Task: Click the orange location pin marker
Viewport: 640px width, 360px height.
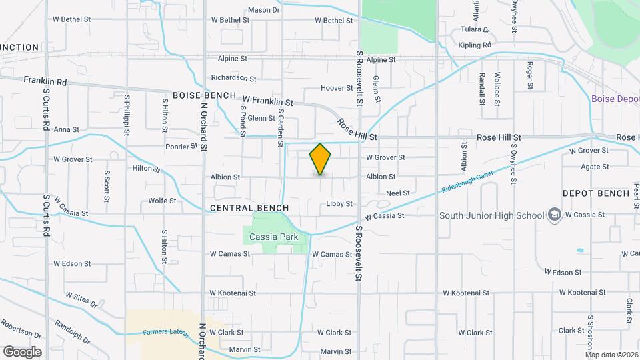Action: (320, 159)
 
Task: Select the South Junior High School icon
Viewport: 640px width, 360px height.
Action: (554, 215)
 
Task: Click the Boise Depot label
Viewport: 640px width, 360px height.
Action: (615, 99)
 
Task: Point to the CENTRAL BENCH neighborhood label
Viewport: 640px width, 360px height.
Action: (243, 209)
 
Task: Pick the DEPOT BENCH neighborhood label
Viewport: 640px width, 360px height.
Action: (595, 193)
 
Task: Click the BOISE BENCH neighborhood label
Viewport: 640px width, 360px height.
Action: (204, 95)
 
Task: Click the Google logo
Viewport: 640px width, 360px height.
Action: (22, 351)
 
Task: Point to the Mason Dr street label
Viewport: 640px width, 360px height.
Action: (263, 10)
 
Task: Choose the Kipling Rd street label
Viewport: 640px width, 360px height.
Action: (475, 45)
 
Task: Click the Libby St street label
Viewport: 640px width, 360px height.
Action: (339, 204)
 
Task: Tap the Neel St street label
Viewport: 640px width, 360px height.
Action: (397, 193)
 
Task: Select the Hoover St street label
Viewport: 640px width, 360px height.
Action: (337, 88)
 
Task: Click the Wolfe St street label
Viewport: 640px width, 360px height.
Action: (162, 200)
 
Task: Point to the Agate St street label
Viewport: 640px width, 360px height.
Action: (595, 167)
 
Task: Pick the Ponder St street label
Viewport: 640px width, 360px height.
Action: (182, 145)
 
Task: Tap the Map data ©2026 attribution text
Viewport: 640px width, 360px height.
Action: (611, 355)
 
